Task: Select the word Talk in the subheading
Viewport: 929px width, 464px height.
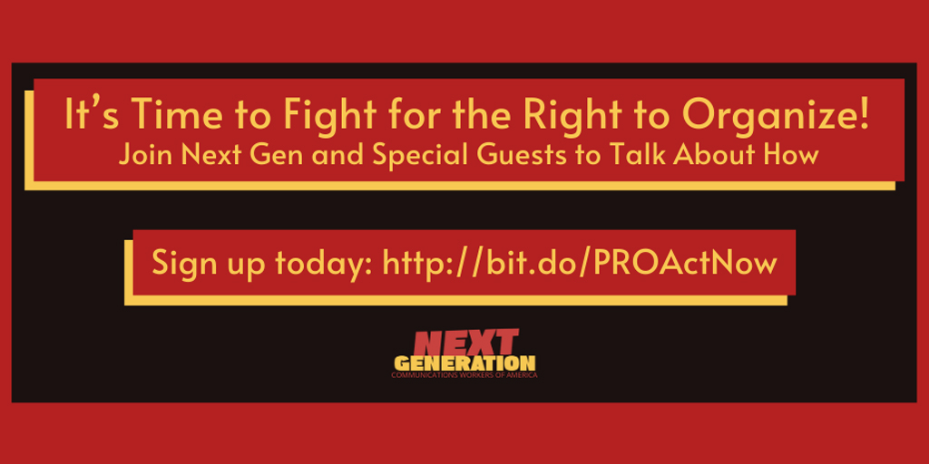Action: [625, 155]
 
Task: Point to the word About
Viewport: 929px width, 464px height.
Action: [709, 155]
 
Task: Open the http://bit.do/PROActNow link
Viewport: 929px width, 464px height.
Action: [581, 263]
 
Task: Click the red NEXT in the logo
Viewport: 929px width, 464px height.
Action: [465, 344]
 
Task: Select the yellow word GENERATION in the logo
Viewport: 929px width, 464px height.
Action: [464, 363]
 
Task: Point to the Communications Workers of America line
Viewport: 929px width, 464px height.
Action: [464, 374]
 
